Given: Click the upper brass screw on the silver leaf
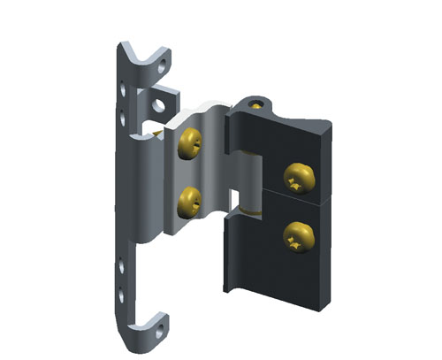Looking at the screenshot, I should click(190, 143).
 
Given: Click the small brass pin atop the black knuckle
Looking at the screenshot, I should click(255, 104).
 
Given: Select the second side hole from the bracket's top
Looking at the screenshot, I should click(123, 114).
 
